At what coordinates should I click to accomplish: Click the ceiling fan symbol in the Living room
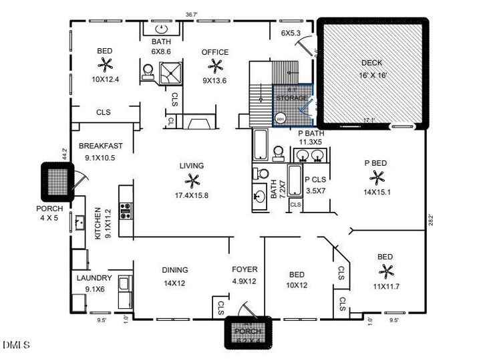coord(192,180)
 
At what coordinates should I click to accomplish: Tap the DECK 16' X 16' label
coord(372,69)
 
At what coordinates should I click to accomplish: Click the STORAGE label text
coord(292,98)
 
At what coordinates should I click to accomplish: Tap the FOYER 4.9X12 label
coord(244,275)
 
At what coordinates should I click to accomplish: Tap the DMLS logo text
coord(16,345)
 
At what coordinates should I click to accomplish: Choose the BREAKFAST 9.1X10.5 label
coord(100,151)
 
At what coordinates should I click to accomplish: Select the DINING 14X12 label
coord(174,275)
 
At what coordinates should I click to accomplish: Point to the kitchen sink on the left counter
coord(79,221)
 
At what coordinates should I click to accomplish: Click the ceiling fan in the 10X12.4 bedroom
coord(106,65)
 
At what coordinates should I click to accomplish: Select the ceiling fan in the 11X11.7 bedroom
coord(385,271)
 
